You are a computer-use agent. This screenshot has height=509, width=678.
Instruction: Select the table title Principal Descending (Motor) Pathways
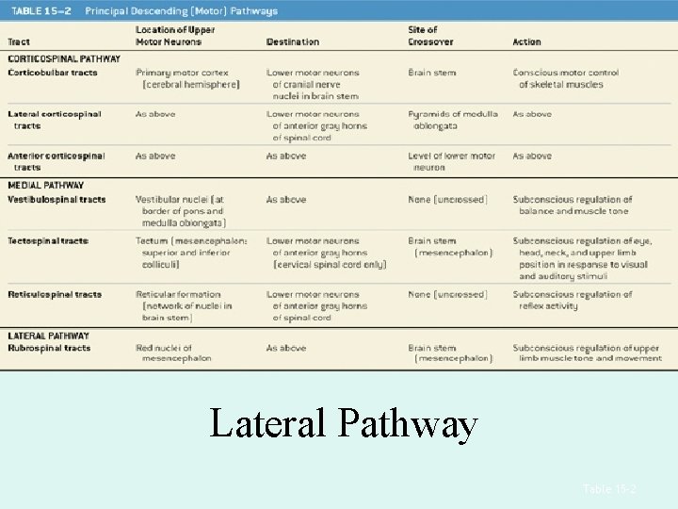pos(182,10)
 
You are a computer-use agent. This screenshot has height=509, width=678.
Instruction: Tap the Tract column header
pos(19,42)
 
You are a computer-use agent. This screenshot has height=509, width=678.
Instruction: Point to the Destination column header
pos(293,42)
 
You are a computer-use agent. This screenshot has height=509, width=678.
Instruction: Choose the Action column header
pos(527,42)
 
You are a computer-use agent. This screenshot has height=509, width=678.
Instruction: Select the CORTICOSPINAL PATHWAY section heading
pos(64,58)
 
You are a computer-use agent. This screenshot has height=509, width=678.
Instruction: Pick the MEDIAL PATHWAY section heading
pos(46,186)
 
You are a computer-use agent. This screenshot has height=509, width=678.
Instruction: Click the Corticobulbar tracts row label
pos(53,73)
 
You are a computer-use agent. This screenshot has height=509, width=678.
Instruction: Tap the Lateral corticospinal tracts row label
pos(54,120)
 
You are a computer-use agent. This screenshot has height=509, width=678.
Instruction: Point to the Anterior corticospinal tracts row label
pos(56,161)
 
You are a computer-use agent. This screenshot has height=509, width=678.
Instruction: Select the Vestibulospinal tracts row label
pos(56,200)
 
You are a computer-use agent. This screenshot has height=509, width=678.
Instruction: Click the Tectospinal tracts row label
pos(48,241)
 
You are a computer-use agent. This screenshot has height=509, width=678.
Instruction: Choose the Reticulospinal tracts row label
pos(55,295)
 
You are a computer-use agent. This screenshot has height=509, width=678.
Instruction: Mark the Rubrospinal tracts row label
pos(49,348)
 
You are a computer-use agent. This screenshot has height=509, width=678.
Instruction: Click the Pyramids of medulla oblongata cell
pos(453,120)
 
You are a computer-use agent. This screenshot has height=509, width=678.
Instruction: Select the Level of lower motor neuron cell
pos(451,161)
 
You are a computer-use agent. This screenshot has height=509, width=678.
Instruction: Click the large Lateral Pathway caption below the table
pos(344,424)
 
